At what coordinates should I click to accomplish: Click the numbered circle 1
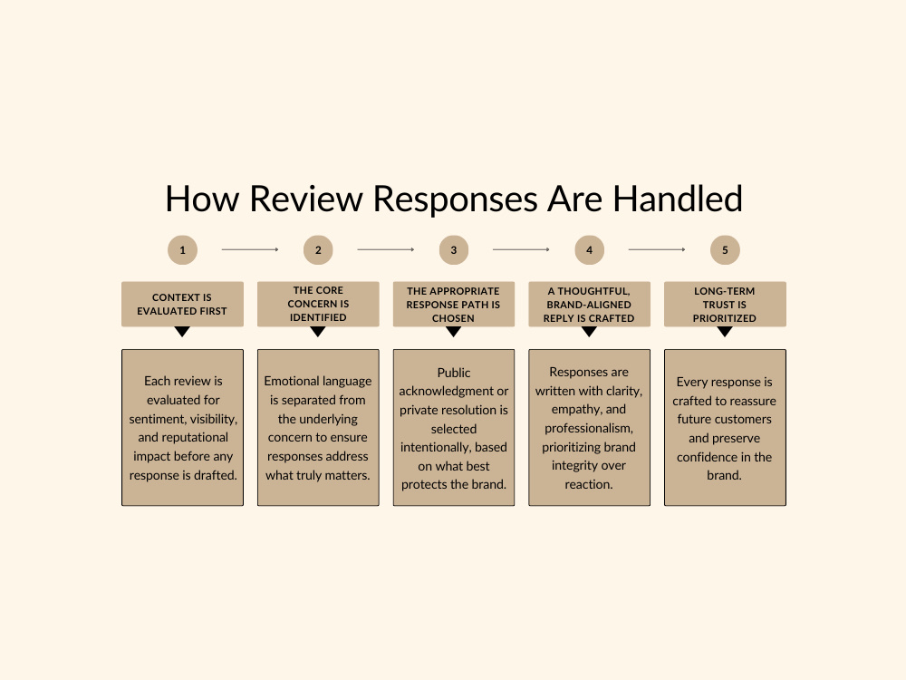(x=183, y=250)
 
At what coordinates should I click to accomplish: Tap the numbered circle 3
(x=454, y=250)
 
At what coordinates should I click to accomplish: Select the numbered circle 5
(x=725, y=250)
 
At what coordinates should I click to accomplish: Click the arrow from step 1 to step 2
(x=250, y=250)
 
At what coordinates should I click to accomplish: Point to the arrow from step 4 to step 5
(x=657, y=250)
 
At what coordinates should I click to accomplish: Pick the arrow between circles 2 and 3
(x=386, y=250)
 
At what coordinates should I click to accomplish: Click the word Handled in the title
(x=677, y=199)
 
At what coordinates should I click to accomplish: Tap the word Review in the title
(x=305, y=199)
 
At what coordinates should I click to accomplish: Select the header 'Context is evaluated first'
(x=183, y=304)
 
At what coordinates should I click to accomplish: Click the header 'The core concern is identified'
(x=318, y=304)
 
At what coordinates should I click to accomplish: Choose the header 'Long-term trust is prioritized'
(x=725, y=304)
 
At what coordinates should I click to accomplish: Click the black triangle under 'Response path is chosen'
(x=454, y=331)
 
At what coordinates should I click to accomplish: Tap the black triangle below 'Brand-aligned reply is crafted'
(x=590, y=331)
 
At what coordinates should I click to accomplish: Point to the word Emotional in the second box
(x=289, y=381)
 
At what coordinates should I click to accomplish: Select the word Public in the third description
(x=454, y=373)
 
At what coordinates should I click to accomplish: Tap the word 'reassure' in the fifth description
(x=753, y=401)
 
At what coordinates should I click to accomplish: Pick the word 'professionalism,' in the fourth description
(x=589, y=429)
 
